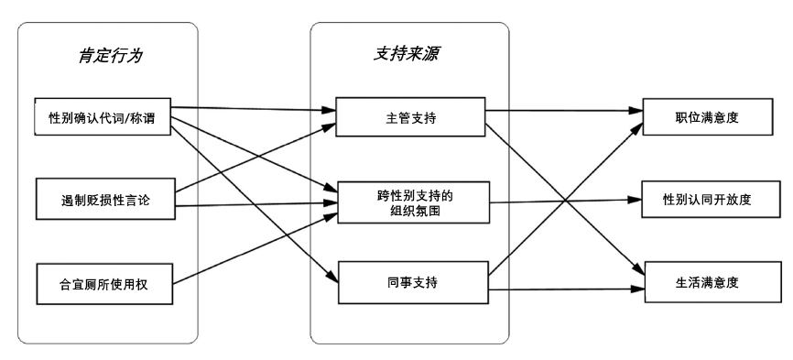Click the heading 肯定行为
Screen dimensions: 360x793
(108, 56)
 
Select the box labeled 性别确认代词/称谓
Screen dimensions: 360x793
(103, 116)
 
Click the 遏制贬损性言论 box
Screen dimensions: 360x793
(103, 200)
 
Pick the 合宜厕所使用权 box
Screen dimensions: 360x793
(103, 285)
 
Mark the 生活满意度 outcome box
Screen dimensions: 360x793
(701, 283)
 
